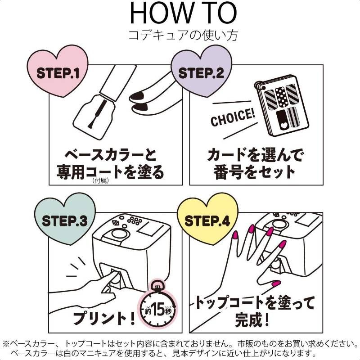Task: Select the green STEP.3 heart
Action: pos(65,220)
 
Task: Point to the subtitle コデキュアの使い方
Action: pos(183,35)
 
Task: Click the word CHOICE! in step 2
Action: pos(233,117)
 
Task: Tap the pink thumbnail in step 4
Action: pos(275,283)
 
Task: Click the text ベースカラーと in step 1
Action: pos(111,155)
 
